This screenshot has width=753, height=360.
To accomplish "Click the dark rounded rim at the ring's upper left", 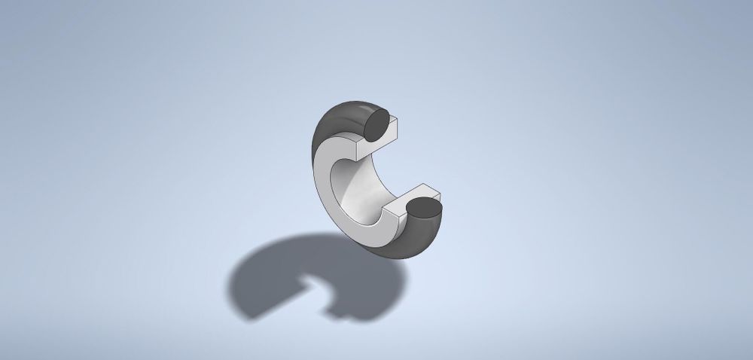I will coord(331,124).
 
